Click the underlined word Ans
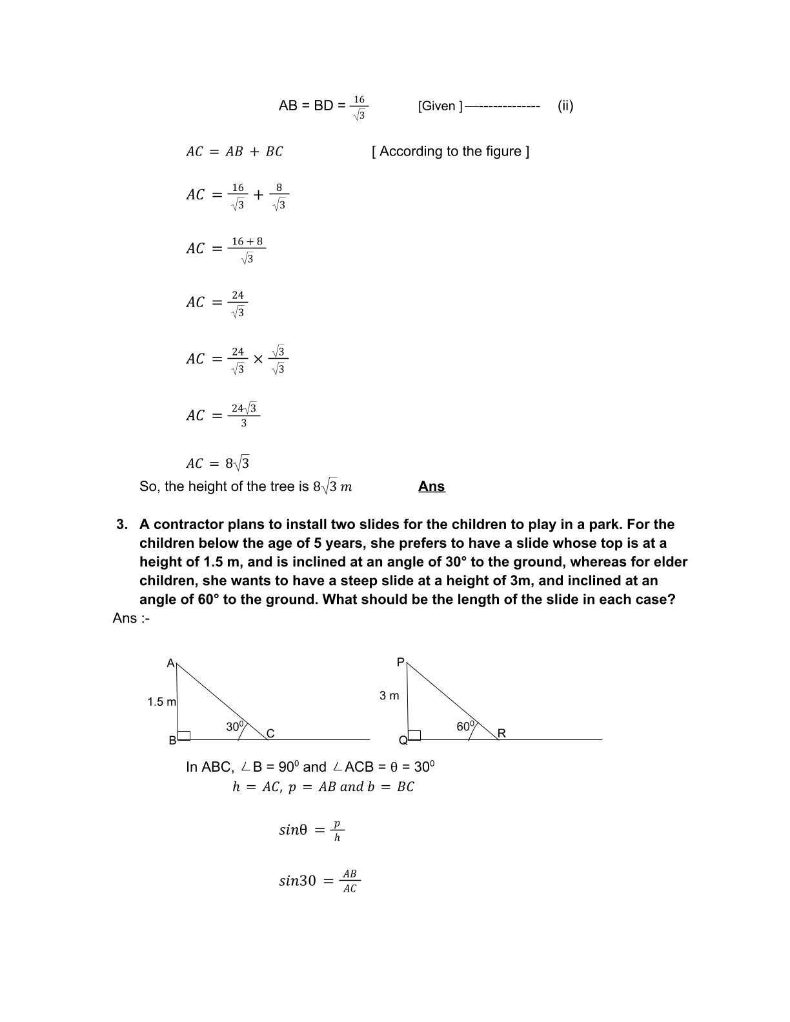tap(431, 486)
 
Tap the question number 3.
tap(121, 525)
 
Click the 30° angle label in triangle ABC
tap(235, 726)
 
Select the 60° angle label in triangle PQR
tap(465, 726)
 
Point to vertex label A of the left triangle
tap(170, 663)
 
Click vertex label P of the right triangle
tap(400, 663)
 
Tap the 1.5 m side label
tap(161, 702)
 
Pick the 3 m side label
tap(389, 696)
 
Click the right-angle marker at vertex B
tap(184, 735)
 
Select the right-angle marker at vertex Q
tap(414, 735)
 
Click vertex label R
tap(501, 734)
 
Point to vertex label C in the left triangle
tap(270, 734)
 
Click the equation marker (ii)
tap(565, 106)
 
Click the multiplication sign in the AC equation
tap(258, 359)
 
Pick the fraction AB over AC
tap(349, 881)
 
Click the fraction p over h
tap(337, 830)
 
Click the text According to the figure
tap(451, 152)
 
